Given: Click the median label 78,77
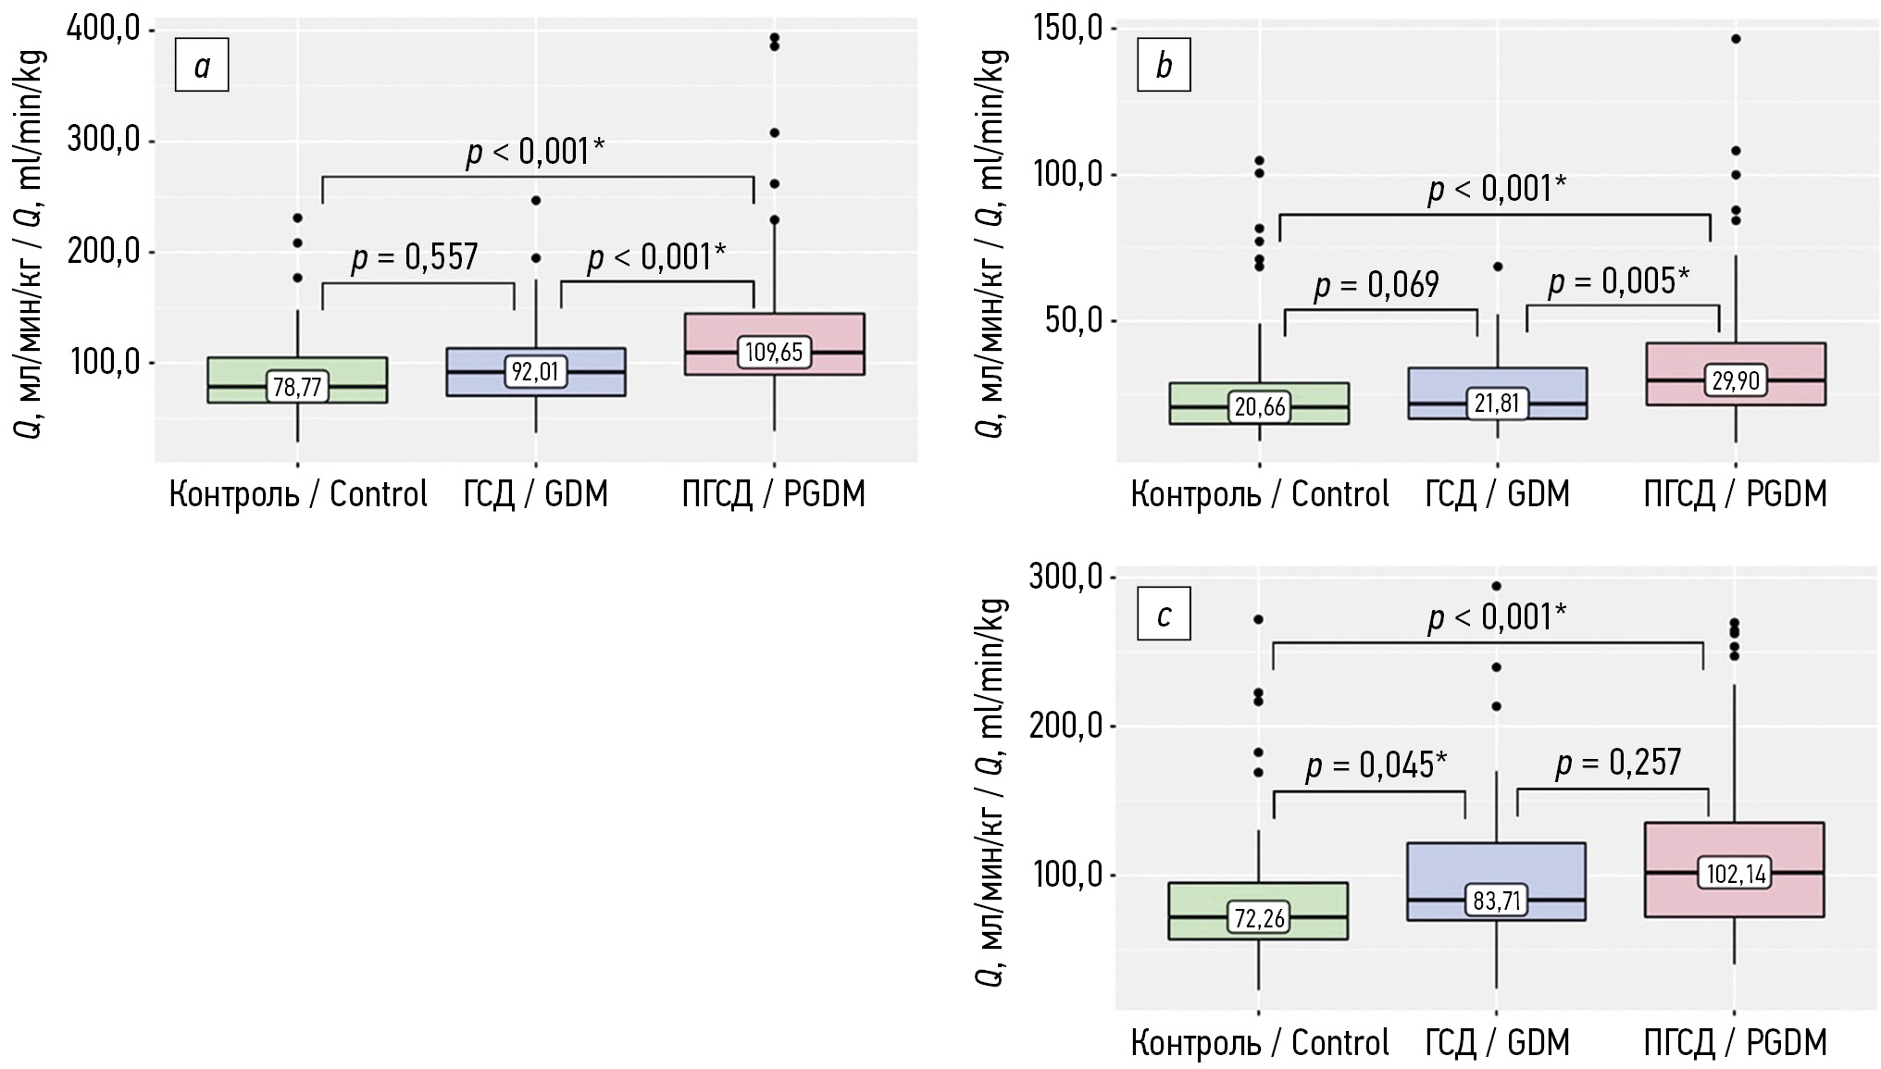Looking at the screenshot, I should pyautogui.click(x=297, y=387).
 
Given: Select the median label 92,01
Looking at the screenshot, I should pyautogui.click(x=535, y=371).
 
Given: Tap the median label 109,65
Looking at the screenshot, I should pyautogui.click(x=774, y=353).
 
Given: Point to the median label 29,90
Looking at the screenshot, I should pyautogui.click(x=1736, y=380).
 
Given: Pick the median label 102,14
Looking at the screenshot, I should pyautogui.click(x=1736, y=873).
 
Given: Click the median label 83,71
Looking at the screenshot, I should pyautogui.click(x=1498, y=900).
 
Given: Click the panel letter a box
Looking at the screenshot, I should pyautogui.click(x=202, y=67).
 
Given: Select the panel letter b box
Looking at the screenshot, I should pyautogui.click(x=1164, y=67).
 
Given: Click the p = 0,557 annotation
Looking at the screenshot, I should pyautogui.click(x=415, y=256).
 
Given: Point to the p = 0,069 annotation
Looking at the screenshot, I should pyautogui.click(x=1376, y=285).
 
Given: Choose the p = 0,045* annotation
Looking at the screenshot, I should pyautogui.click(x=1376, y=765).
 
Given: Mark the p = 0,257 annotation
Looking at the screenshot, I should pyautogui.click(x=1618, y=763).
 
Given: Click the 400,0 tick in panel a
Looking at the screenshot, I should pyautogui.click(x=104, y=31).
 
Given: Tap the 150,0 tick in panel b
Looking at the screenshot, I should pyautogui.click(x=1065, y=30).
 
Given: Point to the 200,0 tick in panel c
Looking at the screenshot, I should pyautogui.click(x=1065, y=727).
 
